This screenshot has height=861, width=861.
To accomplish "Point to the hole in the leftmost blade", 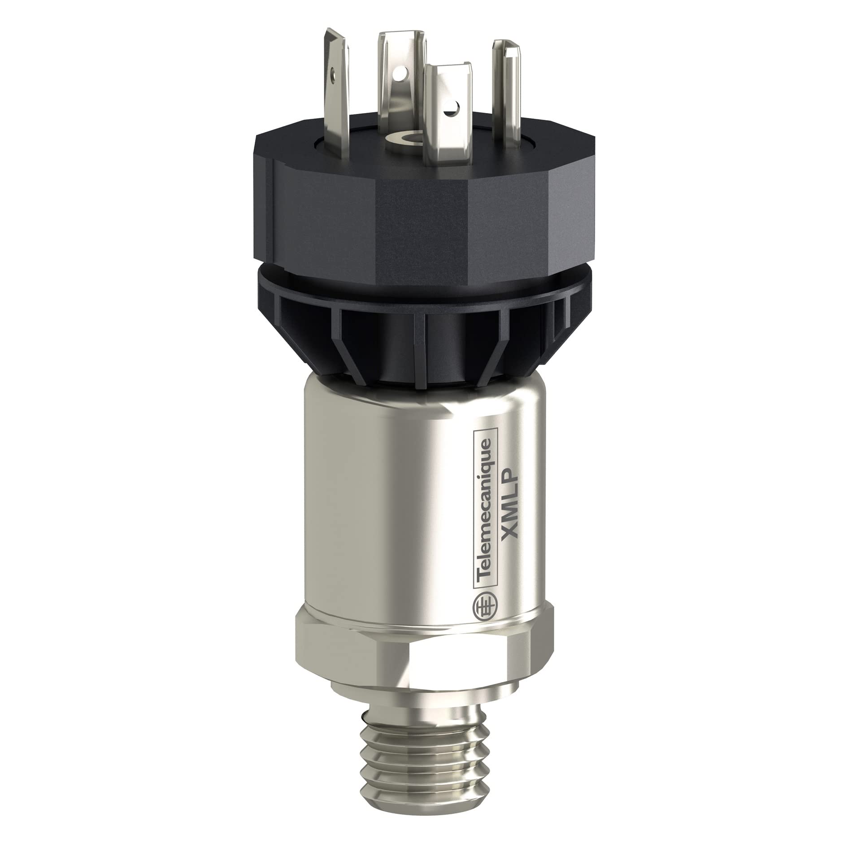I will click(x=333, y=70).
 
